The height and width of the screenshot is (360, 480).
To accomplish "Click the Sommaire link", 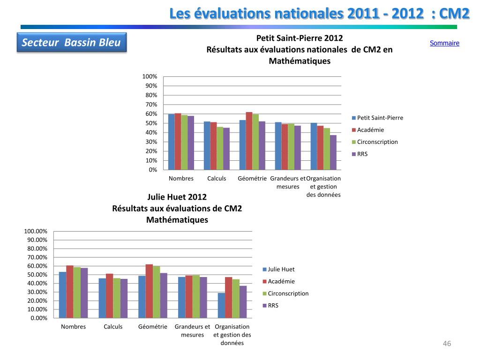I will pyautogui.click(x=444, y=43).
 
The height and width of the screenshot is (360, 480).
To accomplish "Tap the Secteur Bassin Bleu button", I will pyautogui.click(x=72, y=43).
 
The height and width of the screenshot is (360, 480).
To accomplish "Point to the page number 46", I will pyautogui.click(x=447, y=344).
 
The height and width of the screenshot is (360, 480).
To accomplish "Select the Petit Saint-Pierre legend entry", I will pyautogui.click(x=380, y=118).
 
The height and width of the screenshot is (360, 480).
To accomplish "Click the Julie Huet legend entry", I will pyautogui.click(x=281, y=269).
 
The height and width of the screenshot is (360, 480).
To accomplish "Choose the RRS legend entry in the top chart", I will pyautogui.click(x=362, y=154).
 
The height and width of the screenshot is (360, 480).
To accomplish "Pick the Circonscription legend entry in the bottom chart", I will pyautogui.click(x=288, y=293).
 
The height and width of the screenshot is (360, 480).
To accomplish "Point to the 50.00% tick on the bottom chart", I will pyautogui.click(x=36, y=275).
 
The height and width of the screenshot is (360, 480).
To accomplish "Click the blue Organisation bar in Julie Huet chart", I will pyautogui.click(x=221, y=306).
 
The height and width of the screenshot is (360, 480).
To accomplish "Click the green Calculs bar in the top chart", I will pyautogui.click(x=220, y=148).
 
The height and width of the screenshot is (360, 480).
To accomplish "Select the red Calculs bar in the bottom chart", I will pyautogui.click(x=109, y=296).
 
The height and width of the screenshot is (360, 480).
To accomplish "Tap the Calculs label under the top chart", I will pyautogui.click(x=217, y=179).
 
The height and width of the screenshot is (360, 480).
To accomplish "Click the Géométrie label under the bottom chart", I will pyautogui.click(x=152, y=327).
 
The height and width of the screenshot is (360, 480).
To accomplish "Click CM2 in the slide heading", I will pyautogui.click(x=455, y=14).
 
